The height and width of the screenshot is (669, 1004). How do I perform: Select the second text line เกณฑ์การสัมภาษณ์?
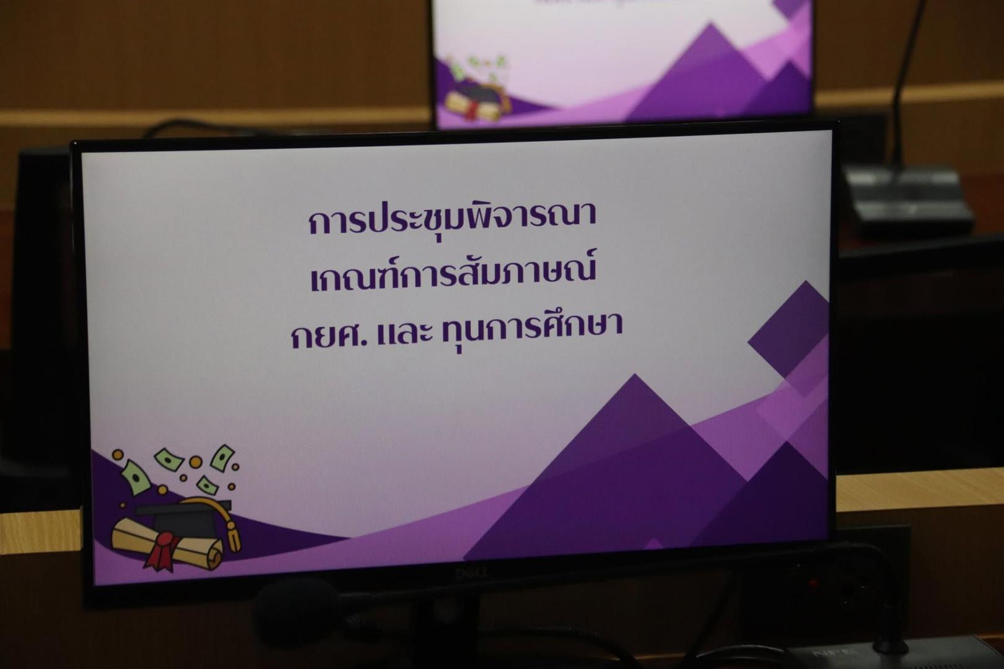point(453,274)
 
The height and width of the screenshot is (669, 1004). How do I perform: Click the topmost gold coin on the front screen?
point(118,455)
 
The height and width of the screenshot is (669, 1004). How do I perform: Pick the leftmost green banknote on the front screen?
point(134,477)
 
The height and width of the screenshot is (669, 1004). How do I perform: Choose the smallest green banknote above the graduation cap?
point(207,485)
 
